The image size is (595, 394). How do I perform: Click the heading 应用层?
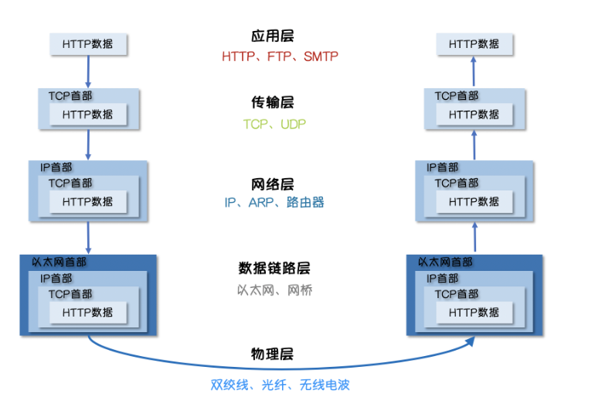273,36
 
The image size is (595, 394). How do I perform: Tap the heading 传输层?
273,103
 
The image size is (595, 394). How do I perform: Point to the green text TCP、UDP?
274,124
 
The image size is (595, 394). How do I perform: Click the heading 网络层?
273,184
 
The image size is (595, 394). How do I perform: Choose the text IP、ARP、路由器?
274,203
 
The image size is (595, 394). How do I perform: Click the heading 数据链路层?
274,269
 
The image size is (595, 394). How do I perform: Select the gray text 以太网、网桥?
274,290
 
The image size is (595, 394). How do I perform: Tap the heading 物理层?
273,355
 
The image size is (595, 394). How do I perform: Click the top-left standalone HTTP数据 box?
87,44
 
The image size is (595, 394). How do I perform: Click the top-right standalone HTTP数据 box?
474,44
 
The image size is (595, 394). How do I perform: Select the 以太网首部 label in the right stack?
445,262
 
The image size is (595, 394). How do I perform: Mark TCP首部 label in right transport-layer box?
456,96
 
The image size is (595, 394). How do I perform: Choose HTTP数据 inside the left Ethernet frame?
87,312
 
